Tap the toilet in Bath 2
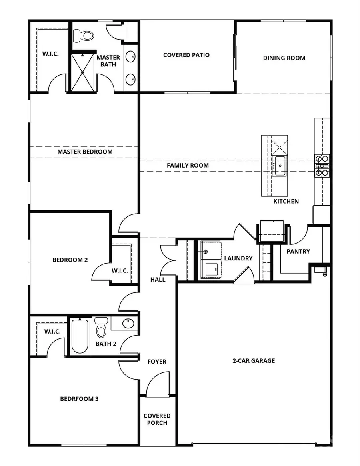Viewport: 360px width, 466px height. click(102, 328)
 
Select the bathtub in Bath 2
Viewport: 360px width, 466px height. click(80, 336)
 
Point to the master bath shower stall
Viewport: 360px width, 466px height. click(82, 72)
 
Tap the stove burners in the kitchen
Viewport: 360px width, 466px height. click(322, 165)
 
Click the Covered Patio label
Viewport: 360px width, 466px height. click(186, 55)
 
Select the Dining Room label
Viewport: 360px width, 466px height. click(284, 58)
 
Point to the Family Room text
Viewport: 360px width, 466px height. click(188, 165)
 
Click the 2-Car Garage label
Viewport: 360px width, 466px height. click(254, 360)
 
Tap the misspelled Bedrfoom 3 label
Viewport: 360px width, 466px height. click(79, 398)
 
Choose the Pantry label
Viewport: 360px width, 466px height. click(298, 251)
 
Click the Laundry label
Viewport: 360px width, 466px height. click(238, 258)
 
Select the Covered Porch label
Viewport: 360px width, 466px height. click(157, 419)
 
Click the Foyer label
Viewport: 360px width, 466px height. click(157, 361)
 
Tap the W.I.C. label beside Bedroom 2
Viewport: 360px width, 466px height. click(120, 270)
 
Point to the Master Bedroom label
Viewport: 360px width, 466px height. click(85, 152)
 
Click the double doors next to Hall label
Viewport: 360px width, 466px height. click(167, 260)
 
